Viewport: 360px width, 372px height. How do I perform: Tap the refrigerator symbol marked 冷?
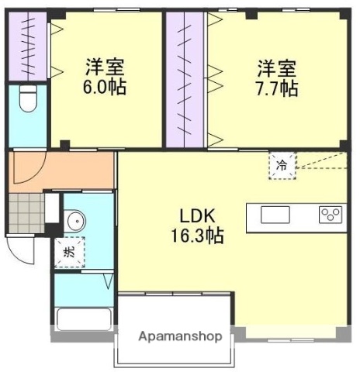point(282,165)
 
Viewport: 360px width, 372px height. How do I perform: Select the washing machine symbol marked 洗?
point(68,252)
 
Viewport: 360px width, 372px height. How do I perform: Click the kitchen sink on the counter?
point(275,215)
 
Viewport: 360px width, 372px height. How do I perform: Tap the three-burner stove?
point(331,215)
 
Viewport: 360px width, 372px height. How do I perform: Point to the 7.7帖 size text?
point(277,88)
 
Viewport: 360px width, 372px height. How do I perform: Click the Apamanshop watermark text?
point(181,337)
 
